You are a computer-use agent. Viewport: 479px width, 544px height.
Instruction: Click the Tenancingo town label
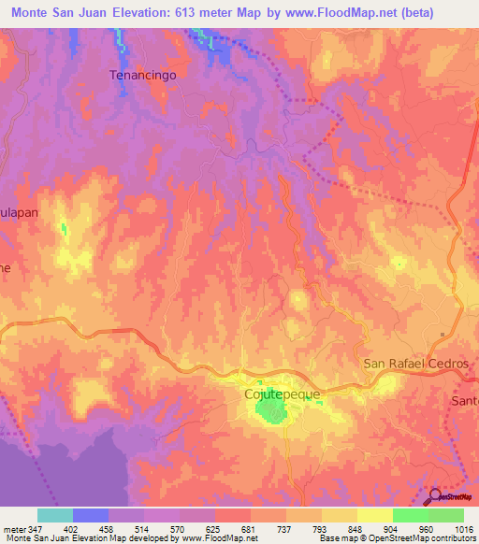click(x=143, y=75)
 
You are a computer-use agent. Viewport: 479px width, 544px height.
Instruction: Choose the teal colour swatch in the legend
click(x=55, y=515)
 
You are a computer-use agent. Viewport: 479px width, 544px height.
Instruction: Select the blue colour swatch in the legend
click(x=91, y=515)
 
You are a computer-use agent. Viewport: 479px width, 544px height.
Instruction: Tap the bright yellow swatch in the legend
click(x=374, y=515)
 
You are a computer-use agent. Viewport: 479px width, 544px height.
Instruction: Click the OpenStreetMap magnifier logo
click(x=436, y=495)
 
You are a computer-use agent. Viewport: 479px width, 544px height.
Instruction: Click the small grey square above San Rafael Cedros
click(x=443, y=333)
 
